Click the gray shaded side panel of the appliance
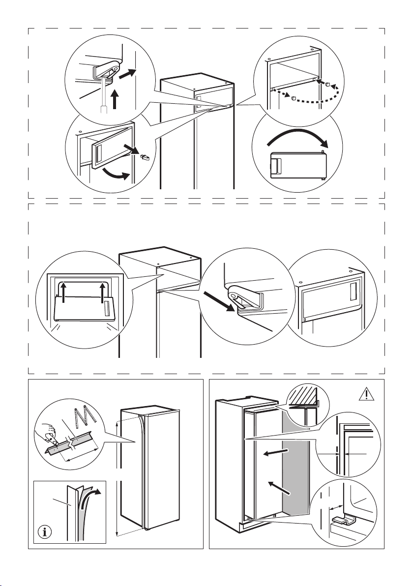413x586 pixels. tap(295, 462)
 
